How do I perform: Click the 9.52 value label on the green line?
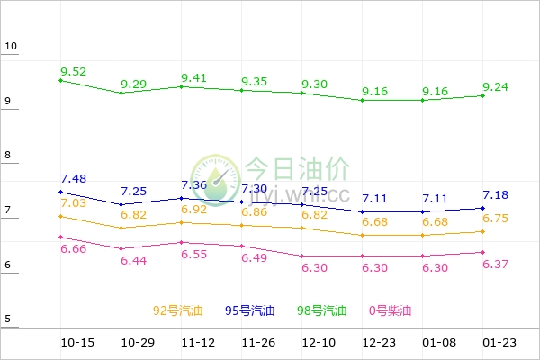pyautogui.click(x=74, y=71)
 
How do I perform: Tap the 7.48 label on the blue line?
pyautogui.click(x=74, y=179)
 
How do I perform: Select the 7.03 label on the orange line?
pyautogui.click(x=74, y=203)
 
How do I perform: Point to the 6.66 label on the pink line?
pyautogui.click(x=74, y=249)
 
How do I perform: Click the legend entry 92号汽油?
pyautogui.click(x=178, y=311)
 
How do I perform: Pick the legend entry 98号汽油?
pyautogui.click(x=322, y=311)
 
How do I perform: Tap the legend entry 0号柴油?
pyautogui.click(x=391, y=311)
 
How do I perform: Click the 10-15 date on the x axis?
pyautogui.click(x=77, y=344)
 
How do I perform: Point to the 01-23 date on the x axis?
pyautogui.click(x=499, y=344)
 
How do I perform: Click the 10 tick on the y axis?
pyautogui.click(x=10, y=47)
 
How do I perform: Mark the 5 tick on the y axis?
pyautogui.click(x=7, y=319)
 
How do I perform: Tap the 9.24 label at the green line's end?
pyautogui.click(x=497, y=87)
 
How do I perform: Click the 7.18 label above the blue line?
pyautogui.click(x=497, y=195)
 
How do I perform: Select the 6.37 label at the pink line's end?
pyautogui.click(x=497, y=264)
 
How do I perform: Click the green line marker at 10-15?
pyautogui.click(x=60, y=80)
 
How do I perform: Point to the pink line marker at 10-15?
pyautogui.click(x=60, y=237)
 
